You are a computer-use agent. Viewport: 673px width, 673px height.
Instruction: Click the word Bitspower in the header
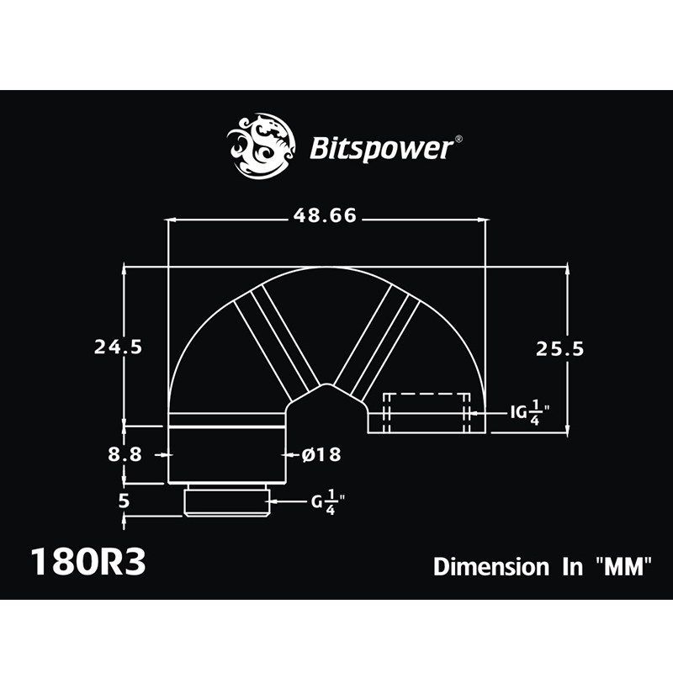pos(382,150)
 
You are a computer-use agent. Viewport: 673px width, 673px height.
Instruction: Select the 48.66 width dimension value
pos(326,216)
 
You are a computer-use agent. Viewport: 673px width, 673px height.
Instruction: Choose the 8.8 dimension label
pos(124,454)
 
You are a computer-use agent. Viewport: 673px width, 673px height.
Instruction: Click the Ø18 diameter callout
pos(321,454)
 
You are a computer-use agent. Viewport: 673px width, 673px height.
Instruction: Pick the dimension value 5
pos(124,502)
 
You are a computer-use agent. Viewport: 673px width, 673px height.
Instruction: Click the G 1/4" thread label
pos(329,502)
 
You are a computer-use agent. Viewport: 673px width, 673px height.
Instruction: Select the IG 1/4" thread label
pos(530,412)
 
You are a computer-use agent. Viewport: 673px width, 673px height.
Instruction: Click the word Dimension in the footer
pos(490,566)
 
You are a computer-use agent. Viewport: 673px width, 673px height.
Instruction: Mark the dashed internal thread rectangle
pos(427,412)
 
